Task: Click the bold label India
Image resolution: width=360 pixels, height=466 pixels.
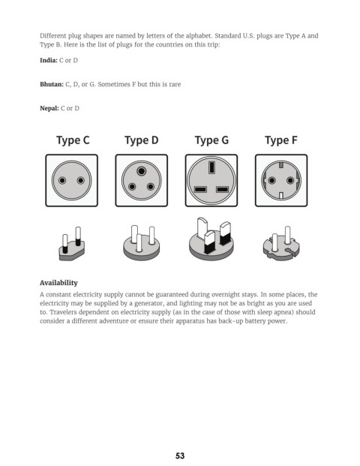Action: pos(49,60)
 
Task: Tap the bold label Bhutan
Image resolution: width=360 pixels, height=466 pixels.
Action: pos(52,84)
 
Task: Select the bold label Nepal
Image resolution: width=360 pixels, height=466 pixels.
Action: pos(49,109)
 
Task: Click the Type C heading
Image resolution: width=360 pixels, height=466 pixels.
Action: pos(73,140)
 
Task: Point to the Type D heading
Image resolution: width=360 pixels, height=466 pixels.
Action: pos(142,140)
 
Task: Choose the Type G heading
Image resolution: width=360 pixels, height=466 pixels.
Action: pos(211,140)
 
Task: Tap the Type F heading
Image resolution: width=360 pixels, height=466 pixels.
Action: pos(281,140)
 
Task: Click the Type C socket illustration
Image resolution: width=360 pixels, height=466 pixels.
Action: pos(71,180)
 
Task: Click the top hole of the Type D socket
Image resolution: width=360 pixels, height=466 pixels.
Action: pos(142,171)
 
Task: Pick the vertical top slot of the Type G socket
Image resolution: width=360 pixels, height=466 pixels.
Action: pos(211,167)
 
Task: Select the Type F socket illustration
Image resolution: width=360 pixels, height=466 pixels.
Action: pos(281,180)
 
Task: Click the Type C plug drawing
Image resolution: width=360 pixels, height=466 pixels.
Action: pos(71,244)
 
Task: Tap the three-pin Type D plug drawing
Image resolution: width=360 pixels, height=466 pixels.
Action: pos(142,243)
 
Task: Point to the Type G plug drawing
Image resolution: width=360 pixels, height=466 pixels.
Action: pos(211,239)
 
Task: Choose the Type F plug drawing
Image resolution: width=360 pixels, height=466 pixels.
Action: pos(281,243)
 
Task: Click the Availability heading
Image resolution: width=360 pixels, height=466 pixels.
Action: pos(58,283)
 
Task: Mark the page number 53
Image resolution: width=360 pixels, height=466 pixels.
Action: pos(180,456)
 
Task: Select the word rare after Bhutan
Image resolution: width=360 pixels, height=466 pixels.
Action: pos(175,85)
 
